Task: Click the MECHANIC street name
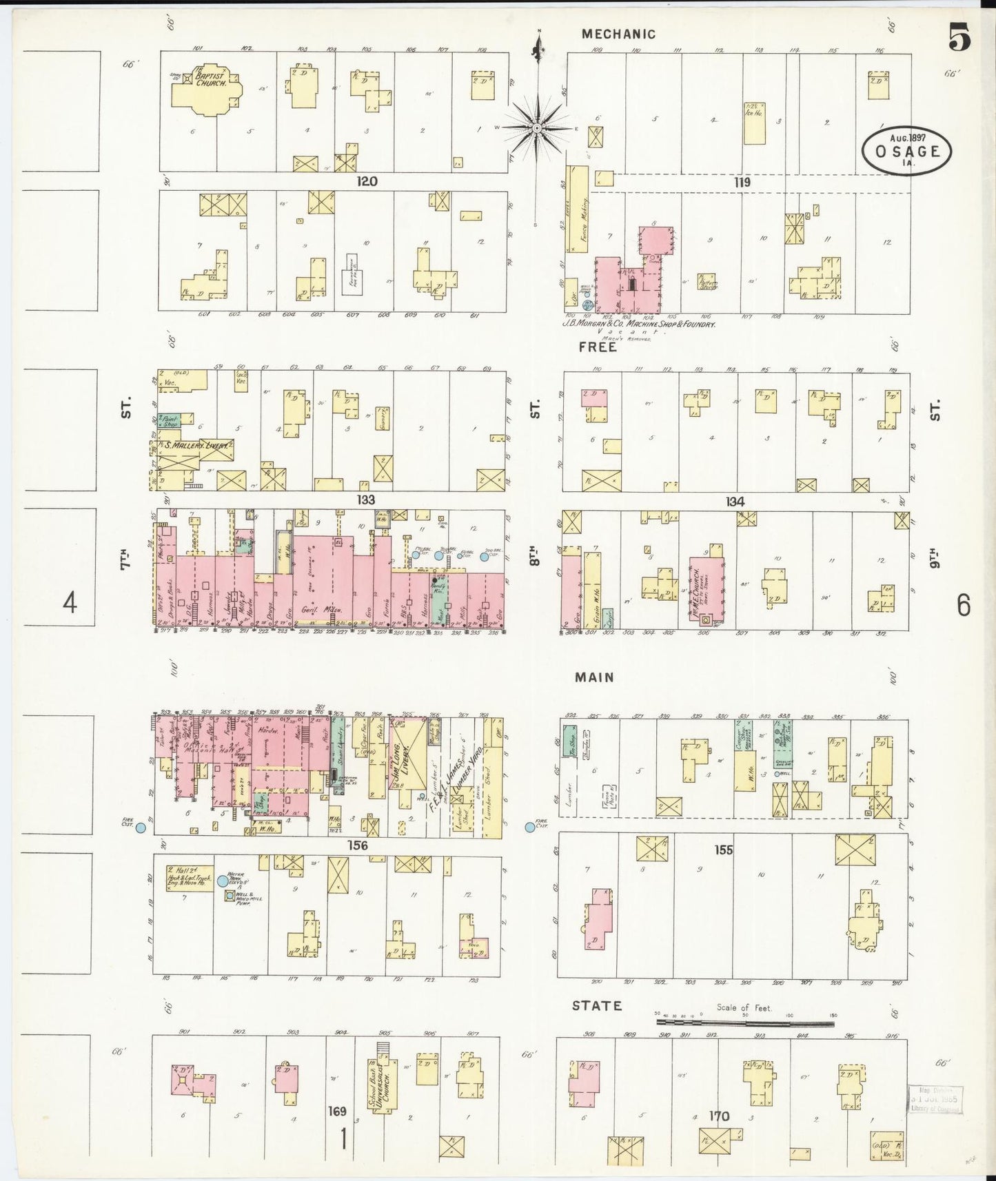[x=618, y=34]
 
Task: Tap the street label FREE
[x=598, y=347]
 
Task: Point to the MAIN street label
[x=594, y=677]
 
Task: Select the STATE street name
[x=597, y=1006]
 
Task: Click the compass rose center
[x=537, y=128]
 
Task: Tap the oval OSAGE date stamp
[x=906, y=150]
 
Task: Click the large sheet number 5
[x=959, y=38]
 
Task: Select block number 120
[x=367, y=181]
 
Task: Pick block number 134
[x=735, y=502]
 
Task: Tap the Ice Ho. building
[x=754, y=123]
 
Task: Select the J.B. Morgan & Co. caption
[x=638, y=323]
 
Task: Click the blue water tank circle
[x=223, y=881]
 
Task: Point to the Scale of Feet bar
[x=744, y=1023]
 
